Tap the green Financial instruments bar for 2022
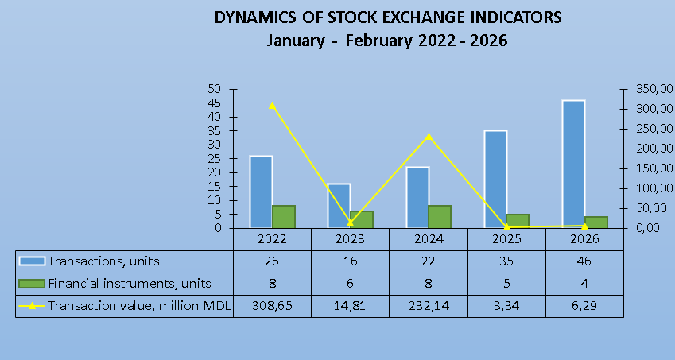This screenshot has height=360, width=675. coord(284,216)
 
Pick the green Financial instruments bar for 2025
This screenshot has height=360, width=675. coord(518,220)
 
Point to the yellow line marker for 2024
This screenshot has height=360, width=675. coord(429,136)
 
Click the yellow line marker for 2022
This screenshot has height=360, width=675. coord(272,105)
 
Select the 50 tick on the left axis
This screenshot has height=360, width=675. coord(214,89)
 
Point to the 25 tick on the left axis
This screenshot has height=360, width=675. coord(214,158)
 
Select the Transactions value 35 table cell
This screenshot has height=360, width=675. coord(506,261)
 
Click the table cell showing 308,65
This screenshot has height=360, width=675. coord(272,305)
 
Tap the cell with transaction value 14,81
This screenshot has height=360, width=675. coord(350,305)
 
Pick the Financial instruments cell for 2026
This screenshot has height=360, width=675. coord(584,283)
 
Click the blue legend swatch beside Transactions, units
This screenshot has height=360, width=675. coord(33,261)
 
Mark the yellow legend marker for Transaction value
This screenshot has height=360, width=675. coord(33,305)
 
